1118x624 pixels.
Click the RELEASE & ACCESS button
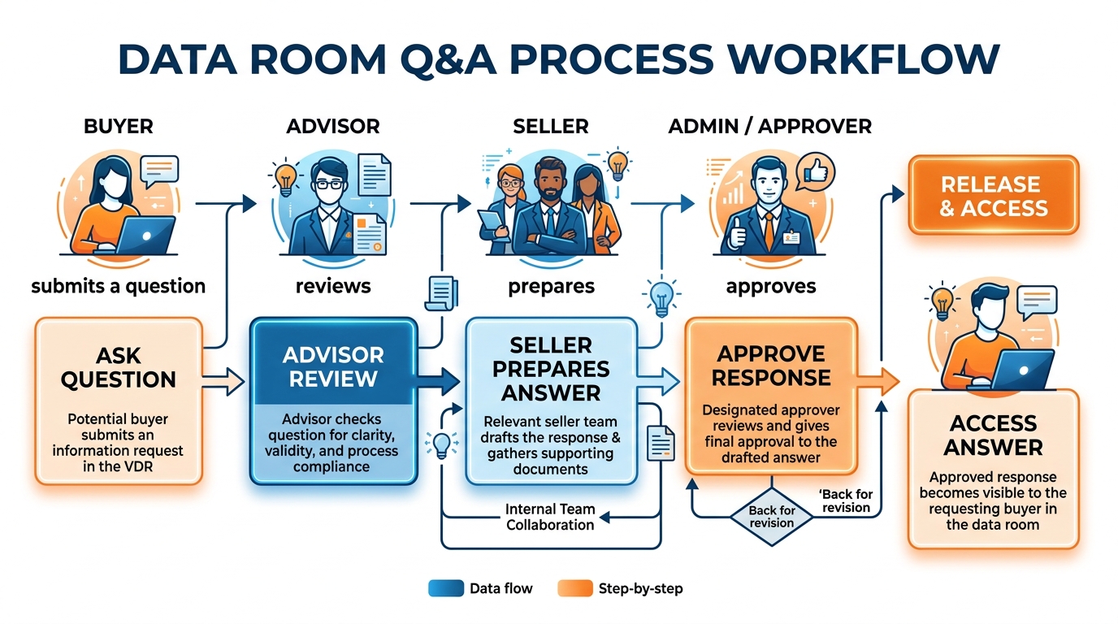pyautogui.click(x=993, y=195)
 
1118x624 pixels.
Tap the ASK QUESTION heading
pyautogui.click(x=119, y=368)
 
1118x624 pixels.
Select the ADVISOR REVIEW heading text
pyautogui.click(x=333, y=367)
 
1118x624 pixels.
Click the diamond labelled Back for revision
pyautogui.click(x=772, y=517)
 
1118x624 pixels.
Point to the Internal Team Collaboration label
pyautogui.click(x=550, y=517)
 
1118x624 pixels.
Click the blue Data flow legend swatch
pyautogui.click(x=446, y=588)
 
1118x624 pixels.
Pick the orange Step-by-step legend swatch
pyautogui.click(x=575, y=588)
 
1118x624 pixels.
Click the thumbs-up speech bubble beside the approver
pyautogui.click(x=815, y=173)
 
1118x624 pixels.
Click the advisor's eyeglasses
pyautogui.click(x=329, y=184)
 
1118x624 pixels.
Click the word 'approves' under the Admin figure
pyautogui.click(x=770, y=287)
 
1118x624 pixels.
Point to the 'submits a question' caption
pyautogui.click(x=119, y=286)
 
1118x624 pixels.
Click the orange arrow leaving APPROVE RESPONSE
pyautogui.click(x=878, y=382)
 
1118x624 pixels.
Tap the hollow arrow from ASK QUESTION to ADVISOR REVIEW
pyautogui.click(x=223, y=382)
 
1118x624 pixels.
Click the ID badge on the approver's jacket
pyautogui.click(x=791, y=237)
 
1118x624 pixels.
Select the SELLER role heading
pyautogui.click(x=551, y=126)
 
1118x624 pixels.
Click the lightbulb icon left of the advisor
pyautogui.click(x=285, y=178)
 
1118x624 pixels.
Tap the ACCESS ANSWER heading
pyautogui.click(x=993, y=435)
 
